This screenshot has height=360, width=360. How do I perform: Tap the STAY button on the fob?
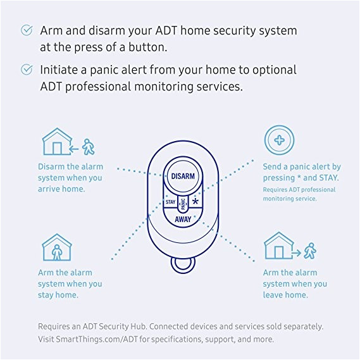(170, 202)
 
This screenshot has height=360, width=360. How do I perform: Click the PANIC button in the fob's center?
(182, 203)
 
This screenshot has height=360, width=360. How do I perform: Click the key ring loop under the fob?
(182, 264)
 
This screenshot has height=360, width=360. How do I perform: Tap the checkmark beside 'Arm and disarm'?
(27, 30)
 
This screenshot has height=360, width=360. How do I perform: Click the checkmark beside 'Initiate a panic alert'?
(27, 70)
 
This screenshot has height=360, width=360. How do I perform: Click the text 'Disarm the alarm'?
(70, 166)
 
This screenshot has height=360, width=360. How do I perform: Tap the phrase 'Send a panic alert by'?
(302, 167)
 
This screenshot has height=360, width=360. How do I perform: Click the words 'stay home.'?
(58, 295)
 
